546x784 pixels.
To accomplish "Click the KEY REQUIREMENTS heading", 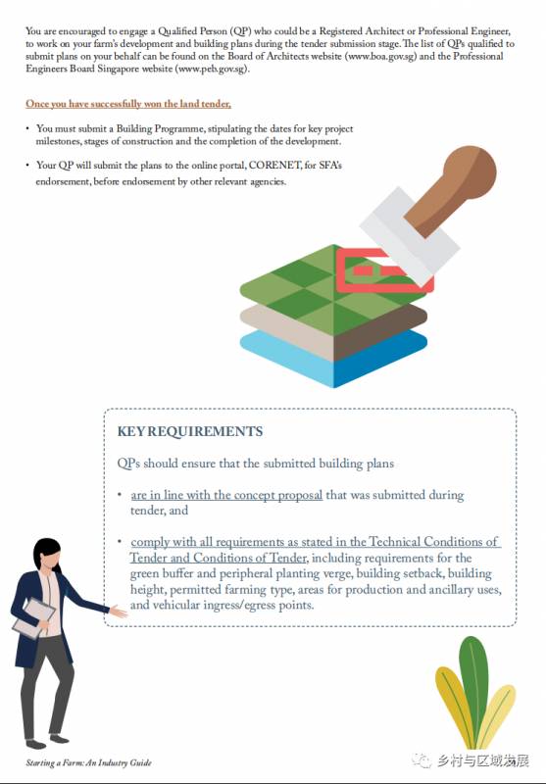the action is pos(190,431).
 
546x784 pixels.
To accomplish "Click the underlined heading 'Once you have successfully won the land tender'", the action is pos(128,104).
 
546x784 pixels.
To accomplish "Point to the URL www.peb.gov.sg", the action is pos(212,69).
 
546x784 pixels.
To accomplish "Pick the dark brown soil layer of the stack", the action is pos(380,331).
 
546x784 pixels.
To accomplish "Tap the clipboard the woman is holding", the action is pos(33,618).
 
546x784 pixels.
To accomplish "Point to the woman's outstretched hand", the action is pos(119,611).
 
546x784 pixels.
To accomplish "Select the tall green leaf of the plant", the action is pos(472,690).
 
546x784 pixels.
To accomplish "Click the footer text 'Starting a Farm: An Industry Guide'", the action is pos(88,762).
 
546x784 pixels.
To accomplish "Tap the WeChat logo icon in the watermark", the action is pos(422,760).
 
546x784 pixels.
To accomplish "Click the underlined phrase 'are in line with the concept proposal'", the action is pos(226,495).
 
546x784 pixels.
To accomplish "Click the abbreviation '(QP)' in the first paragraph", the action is pos(241,31).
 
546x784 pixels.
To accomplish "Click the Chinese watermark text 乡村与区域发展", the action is pos(482,760).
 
